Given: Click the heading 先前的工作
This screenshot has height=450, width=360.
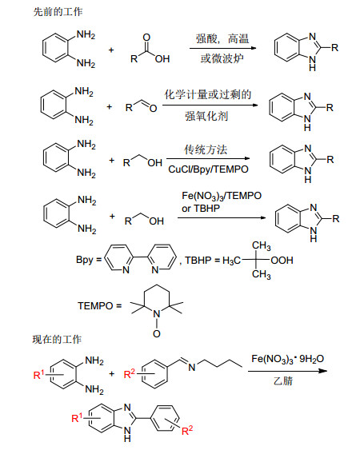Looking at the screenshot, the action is click(x=58, y=12).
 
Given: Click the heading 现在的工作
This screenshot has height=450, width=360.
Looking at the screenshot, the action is click(x=57, y=340).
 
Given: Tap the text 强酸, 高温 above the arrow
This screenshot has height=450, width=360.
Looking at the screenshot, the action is click(x=222, y=38).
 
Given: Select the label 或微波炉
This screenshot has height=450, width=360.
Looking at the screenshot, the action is click(x=222, y=58).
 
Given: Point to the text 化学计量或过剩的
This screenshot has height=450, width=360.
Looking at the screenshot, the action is click(x=208, y=94).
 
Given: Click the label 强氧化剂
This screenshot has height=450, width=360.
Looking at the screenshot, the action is click(x=206, y=116).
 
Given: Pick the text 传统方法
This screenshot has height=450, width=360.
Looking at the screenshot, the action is click(x=206, y=149).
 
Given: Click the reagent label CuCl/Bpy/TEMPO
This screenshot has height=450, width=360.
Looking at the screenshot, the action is click(x=208, y=169).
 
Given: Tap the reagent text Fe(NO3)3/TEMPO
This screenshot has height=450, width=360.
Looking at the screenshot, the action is click(x=222, y=196).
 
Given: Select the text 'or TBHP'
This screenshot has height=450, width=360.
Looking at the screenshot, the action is click(x=201, y=209).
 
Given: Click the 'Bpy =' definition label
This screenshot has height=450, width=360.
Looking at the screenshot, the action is click(x=89, y=260).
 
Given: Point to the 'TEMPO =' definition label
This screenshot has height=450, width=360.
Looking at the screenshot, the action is click(x=100, y=305).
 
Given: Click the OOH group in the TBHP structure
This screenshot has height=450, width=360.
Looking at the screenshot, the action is click(x=282, y=261).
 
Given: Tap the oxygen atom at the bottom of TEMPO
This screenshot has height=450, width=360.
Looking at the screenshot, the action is click(x=157, y=334).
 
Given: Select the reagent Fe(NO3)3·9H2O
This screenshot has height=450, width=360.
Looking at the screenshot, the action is click(x=287, y=359).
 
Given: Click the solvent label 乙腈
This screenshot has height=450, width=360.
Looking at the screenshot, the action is click(x=283, y=380).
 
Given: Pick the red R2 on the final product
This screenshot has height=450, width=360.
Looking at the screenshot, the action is click(x=187, y=430).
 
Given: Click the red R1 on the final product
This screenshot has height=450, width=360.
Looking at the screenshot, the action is click(x=77, y=417).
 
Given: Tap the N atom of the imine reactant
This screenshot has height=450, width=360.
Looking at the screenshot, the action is click(x=192, y=367).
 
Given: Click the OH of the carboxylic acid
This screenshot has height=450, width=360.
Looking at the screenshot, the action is click(x=162, y=59).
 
